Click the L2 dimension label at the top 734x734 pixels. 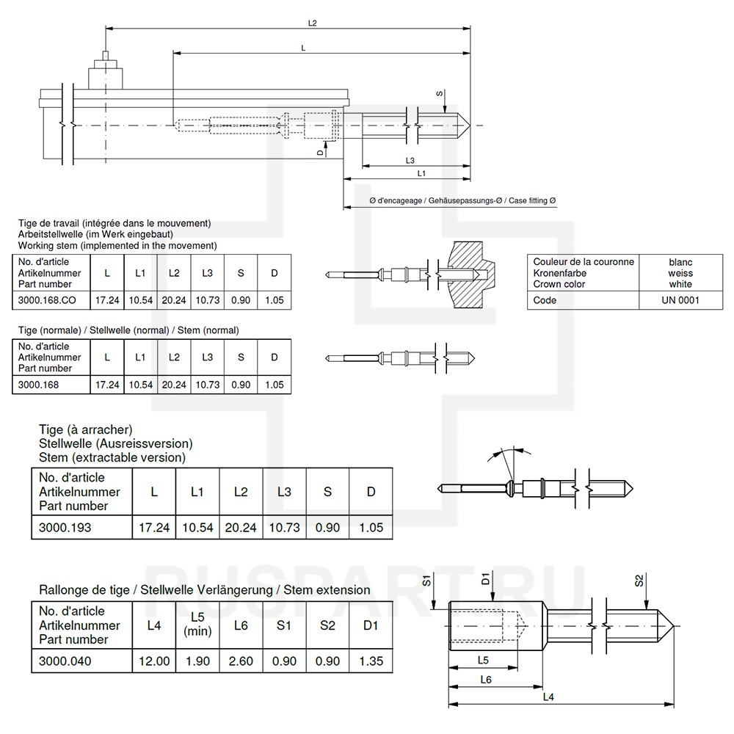(x=312, y=23)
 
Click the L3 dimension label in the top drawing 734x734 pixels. (x=410, y=160)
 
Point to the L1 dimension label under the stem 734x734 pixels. (x=422, y=173)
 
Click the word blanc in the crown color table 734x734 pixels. (x=680, y=262)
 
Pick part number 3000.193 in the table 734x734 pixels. (x=65, y=527)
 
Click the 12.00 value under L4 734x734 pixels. (x=154, y=661)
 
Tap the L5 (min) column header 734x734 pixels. (x=197, y=624)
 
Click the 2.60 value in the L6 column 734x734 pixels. (x=241, y=661)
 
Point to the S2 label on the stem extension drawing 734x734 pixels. (x=639, y=580)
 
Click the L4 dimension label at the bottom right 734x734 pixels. (x=548, y=697)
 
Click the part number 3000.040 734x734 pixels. (x=65, y=661)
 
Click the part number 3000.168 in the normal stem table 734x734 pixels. (x=38, y=385)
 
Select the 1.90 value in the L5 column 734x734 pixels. (x=197, y=661)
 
